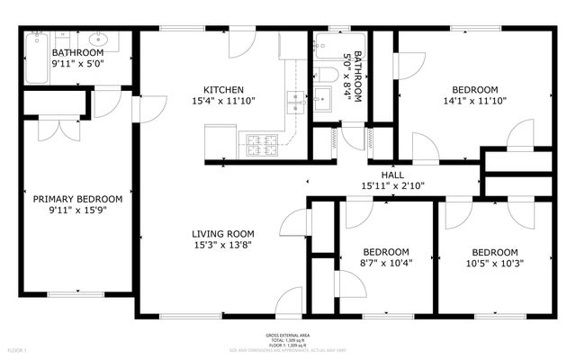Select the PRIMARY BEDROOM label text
[77, 199]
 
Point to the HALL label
[392, 175]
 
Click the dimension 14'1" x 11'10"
[474, 102]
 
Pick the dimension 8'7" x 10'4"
[385, 264]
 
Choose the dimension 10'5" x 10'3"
[494, 264]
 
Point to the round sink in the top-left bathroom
[98, 40]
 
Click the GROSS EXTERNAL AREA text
[288, 336]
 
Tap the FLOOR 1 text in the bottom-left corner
[18, 349]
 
